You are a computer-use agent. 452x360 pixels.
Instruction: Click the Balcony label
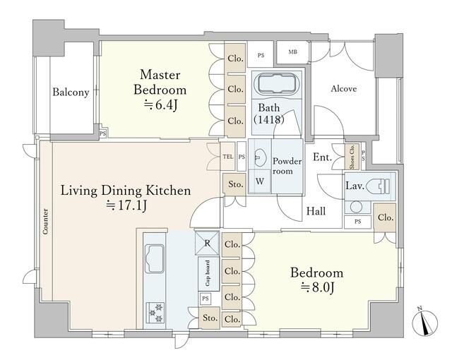click(x=71, y=92)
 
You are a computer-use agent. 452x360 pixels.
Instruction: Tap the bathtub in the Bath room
click(x=277, y=83)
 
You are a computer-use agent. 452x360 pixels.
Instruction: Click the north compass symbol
click(x=424, y=322)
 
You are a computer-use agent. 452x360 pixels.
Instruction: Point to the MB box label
click(x=292, y=52)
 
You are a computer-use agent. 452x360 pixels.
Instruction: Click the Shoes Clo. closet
click(x=352, y=157)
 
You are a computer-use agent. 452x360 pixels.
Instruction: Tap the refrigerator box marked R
click(x=207, y=243)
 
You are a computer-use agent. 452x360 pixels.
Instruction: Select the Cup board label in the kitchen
click(x=207, y=273)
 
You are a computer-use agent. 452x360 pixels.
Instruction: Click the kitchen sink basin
click(x=155, y=258)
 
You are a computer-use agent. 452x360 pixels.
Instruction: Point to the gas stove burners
click(x=155, y=313)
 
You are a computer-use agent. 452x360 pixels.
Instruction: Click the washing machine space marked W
click(x=260, y=181)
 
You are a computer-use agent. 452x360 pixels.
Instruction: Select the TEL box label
click(x=227, y=157)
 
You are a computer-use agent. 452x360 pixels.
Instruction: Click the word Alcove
click(x=344, y=89)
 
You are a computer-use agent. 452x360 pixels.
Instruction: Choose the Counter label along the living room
click(x=45, y=221)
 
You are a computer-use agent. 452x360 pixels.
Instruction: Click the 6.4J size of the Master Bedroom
click(x=160, y=105)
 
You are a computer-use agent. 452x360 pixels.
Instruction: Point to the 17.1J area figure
click(x=126, y=205)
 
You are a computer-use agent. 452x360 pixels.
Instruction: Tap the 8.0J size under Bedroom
click(x=317, y=287)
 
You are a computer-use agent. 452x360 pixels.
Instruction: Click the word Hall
click(x=316, y=211)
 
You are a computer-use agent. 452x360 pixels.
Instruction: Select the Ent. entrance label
click(x=322, y=157)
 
